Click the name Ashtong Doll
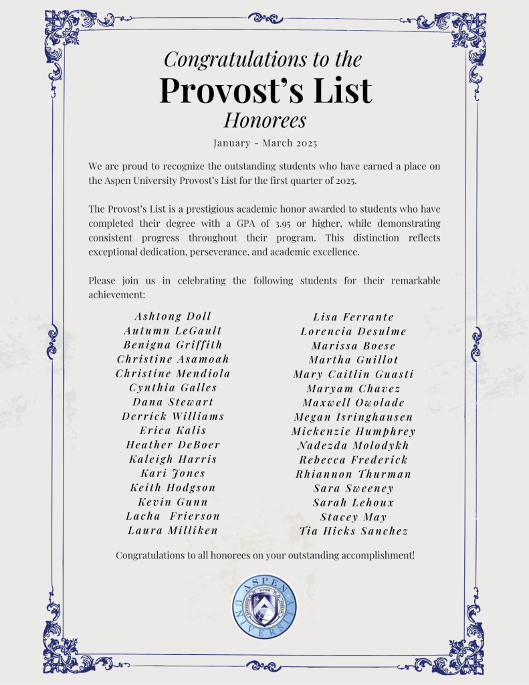click(x=173, y=316)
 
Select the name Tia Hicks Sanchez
click(x=354, y=531)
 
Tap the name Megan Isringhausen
click(x=353, y=417)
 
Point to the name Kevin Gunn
click(x=173, y=502)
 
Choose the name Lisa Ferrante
click(x=354, y=317)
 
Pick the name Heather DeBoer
click(x=173, y=445)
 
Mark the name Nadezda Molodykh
click(x=354, y=446)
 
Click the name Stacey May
click(x=353, y=517)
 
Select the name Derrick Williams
click(x=173, y=416)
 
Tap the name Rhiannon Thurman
click(x=354, y=474)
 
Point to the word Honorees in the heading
click(x=265, y=120)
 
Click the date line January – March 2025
click(x=265, y=143)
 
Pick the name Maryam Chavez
click(x=354, y=389)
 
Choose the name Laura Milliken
click(x=173, y=530)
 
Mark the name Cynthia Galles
click(x=173, y=387)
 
